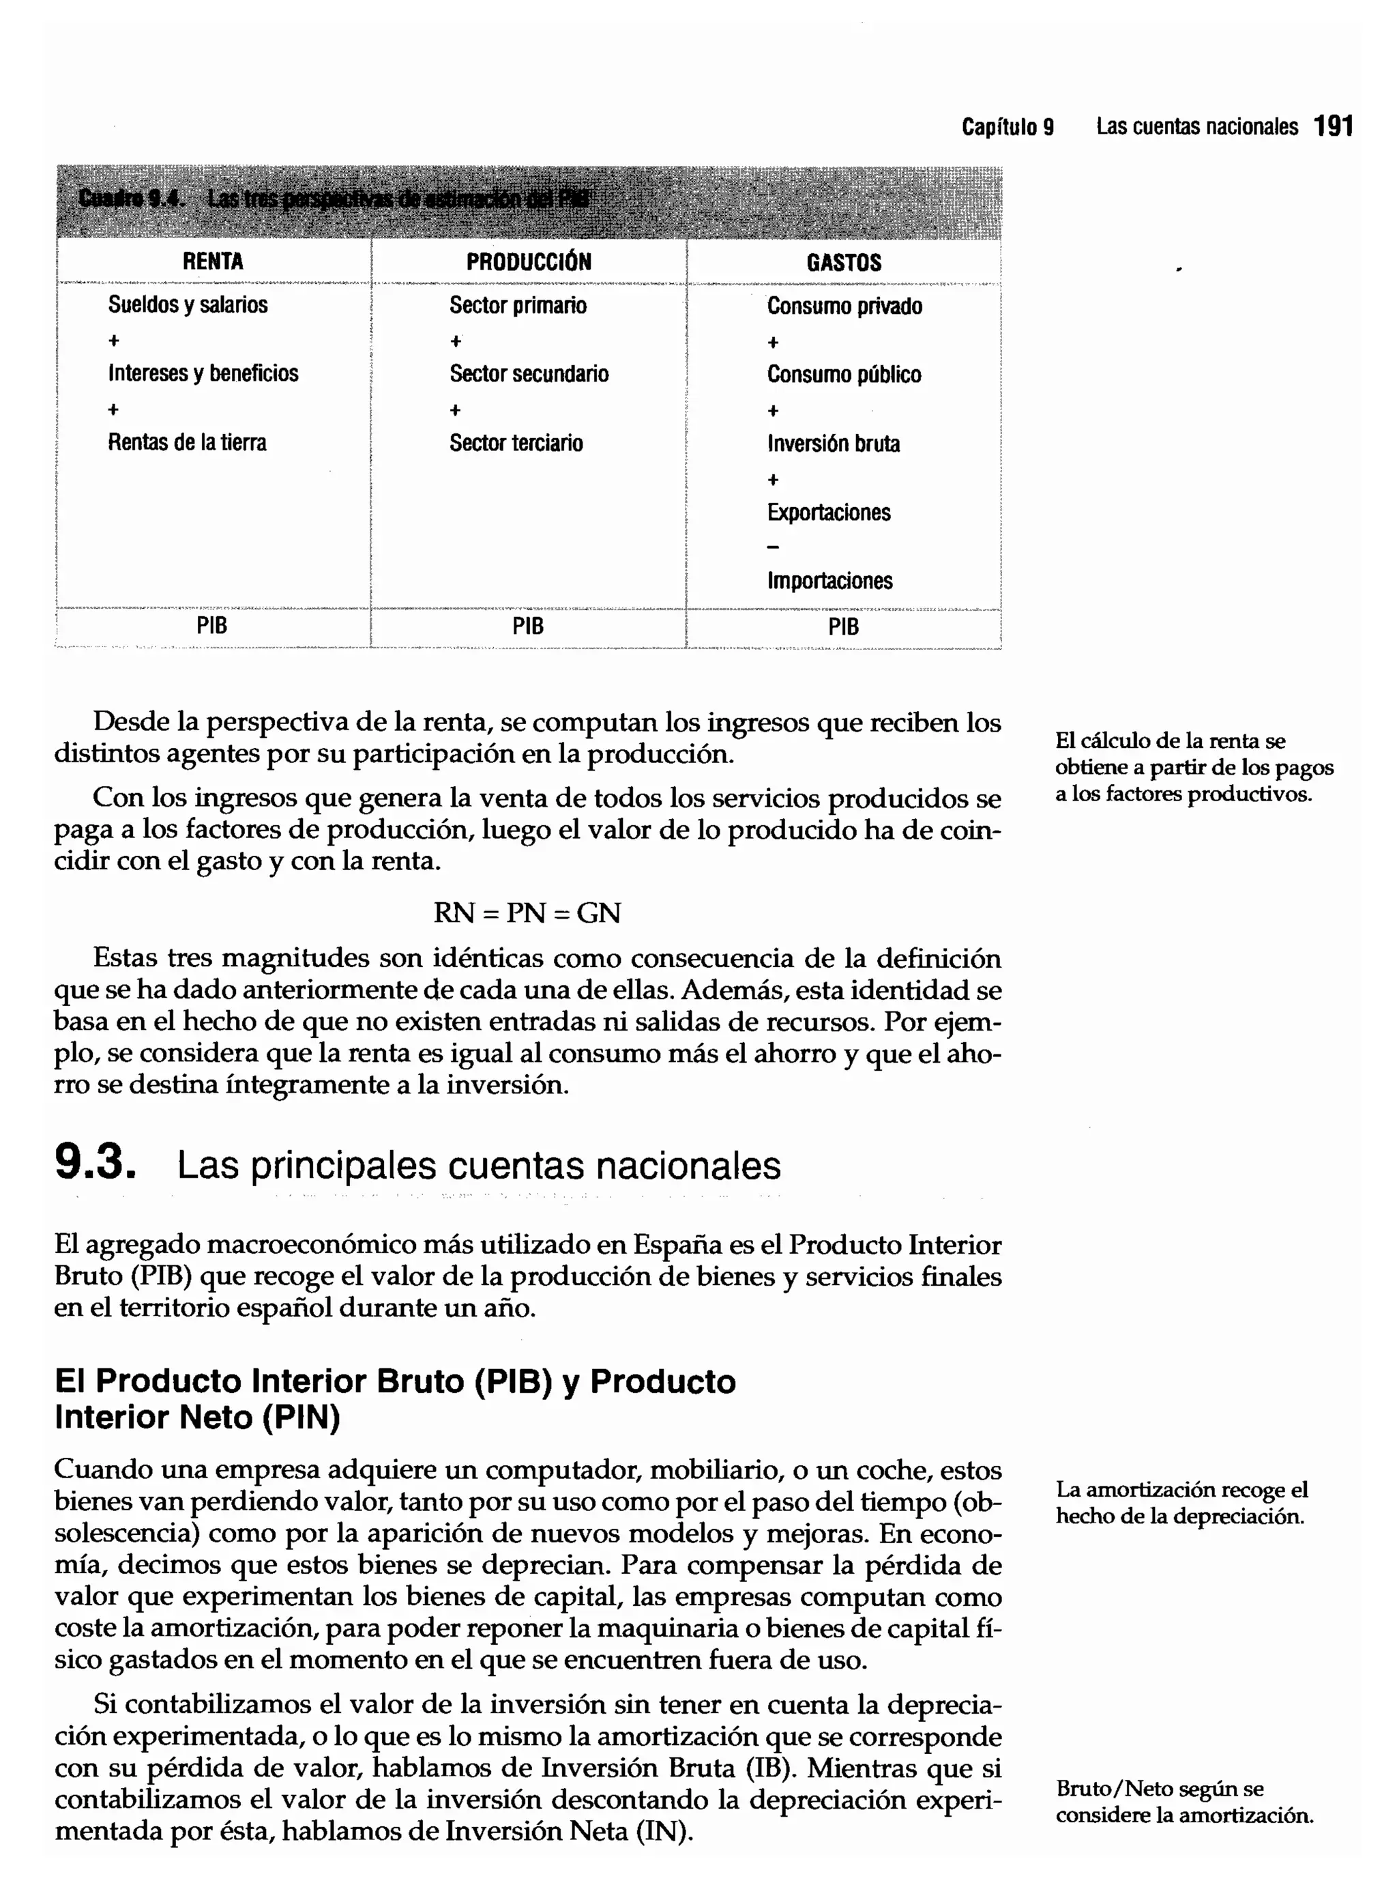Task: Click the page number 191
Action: coord(1334,127)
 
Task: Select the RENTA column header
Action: coord(212,261)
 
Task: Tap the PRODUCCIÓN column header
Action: coord(529,261)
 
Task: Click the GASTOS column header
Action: coord(843,262)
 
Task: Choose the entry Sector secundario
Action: coord(529,374)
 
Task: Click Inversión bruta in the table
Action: coord(833,444)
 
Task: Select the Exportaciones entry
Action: coord(829,513)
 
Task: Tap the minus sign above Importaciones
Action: coord(772,547)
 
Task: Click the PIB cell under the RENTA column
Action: coord(211,626)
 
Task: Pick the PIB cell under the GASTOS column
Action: coord(843,627)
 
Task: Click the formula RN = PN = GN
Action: coord(527,913)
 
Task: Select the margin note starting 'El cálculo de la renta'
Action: coord(1193,767)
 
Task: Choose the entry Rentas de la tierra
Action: coord(187,442)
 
